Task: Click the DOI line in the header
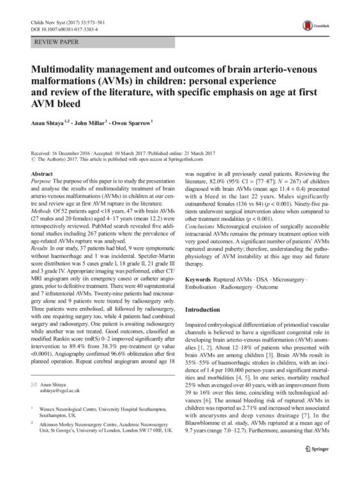pos(57,29)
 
